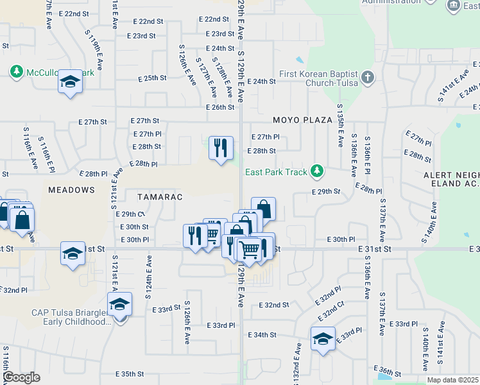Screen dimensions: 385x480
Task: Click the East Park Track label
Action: pyautogui.click(x=277, y=172)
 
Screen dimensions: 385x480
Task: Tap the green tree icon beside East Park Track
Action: pyautogui.click(x=316, y=171)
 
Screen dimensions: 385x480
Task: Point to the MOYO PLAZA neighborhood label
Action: pyautogui.click(x=302, y=120)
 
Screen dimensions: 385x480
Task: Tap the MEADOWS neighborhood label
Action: pyautogui.click(x=71, y=190)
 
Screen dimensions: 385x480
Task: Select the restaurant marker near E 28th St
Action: pyautogui.click(x=220, y=148)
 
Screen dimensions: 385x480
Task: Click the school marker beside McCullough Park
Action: pyautogui.click(x=70, y=81)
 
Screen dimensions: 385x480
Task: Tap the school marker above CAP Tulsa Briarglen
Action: pyautogui.click(x=119, y=304)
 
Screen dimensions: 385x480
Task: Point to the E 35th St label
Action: pyautogui.click(x=131, y=373)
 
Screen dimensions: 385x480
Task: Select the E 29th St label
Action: pyautogui.click(x=325, y=192)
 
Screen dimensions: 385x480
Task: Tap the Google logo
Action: pyautogui.click(x=21, y=377)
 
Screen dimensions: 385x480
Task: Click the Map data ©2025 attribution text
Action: pyautogui.click(x=452, y=380)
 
